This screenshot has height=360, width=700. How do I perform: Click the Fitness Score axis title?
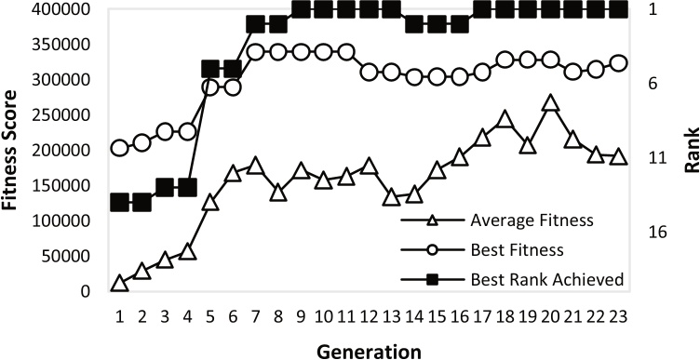click(x=13, y=150)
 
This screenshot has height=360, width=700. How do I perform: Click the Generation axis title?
click(x=369, y=350)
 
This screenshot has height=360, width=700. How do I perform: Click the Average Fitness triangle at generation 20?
click(x=550, y=103)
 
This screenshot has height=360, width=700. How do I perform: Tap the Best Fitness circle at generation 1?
click(x=119, y=148)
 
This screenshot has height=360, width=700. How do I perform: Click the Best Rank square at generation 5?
click(x=210, y=69)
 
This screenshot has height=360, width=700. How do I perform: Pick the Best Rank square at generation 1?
click(x=119, y=202)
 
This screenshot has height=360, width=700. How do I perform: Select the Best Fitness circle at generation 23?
click(x=618, y=63)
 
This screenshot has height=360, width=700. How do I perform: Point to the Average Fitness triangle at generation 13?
click(x=391, y=197)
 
